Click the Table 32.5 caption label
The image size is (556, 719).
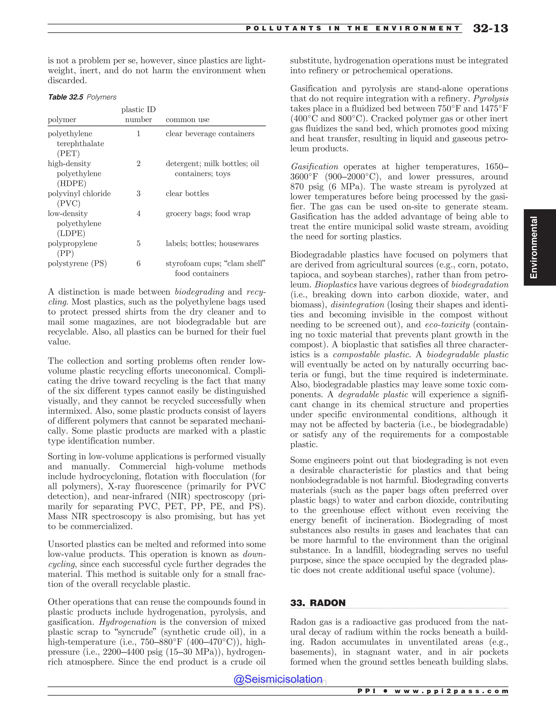(x=65, y=97)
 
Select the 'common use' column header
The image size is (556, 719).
(x=187, y=119)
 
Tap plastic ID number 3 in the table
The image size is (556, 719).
(x=138, y=193)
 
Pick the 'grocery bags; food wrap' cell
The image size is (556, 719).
(x=208, y=214)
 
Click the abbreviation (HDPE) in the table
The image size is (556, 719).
(x=71, y=184)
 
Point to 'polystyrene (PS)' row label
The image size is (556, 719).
(x=77, y=263)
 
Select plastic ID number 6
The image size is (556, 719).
(x=138, y=263)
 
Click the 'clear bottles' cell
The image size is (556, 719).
(x=187, y=193)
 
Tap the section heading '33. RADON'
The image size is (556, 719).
(x=318, y=603)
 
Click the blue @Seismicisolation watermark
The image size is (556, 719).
(x=278, y=679)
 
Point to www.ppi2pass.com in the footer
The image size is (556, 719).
(x=451, y=691)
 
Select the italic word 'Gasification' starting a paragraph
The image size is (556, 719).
(x=314, y=167)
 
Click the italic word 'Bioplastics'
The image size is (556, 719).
(x=336, y=285)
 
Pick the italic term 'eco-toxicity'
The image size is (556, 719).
(x=447, y=324)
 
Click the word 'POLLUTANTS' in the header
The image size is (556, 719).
(x=284, y=29)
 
